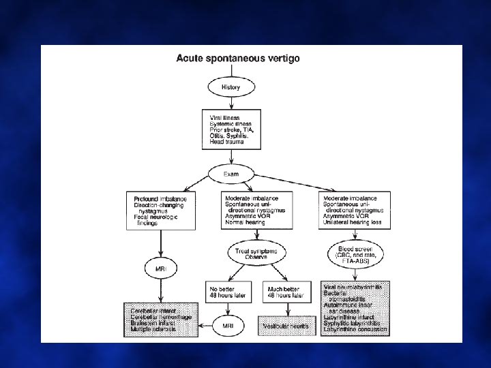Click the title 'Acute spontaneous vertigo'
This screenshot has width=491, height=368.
click(x=238, y=59)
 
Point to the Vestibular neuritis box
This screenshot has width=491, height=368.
click(x=286, y=326)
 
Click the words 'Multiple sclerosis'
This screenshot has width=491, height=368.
click(x=154, y=329)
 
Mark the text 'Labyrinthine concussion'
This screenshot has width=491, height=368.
click(x=356, y=329)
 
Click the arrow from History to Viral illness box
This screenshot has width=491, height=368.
click(x=230, y=103)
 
